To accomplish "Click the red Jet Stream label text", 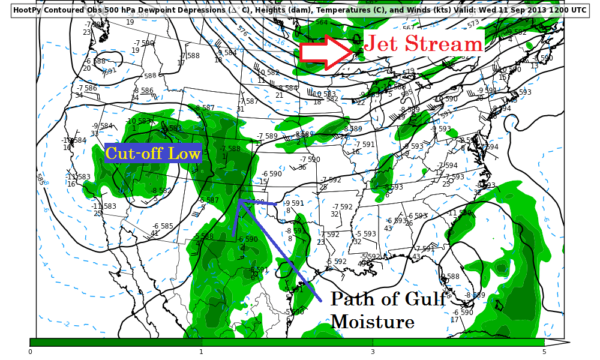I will pyautogui.click(x=423, y=43).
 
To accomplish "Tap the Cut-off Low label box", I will pyautogui.click(x=152, y=154).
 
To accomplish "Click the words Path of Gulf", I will pyautogui.click(x=388, y=299).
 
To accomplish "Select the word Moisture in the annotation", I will pyautogui.click(x=372, y=322).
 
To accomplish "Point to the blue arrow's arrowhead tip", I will pyautogui.click(x=239, y=200).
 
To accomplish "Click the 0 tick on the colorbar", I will pyautogui.click(x=30, y=352).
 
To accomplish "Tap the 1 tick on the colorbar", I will pyautogui.click(x=201, y=352).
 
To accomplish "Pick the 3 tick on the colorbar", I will pyautogui.click(x=373, y=352).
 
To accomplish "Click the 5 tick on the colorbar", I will pyautogui.click(x=544, y=352).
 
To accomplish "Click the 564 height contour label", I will pyautogui.click(x=322, y=22).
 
